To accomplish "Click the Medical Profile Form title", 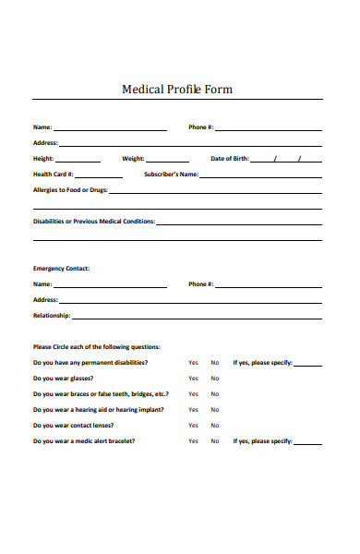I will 177,90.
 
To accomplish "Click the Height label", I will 43,159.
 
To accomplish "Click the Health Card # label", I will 54,174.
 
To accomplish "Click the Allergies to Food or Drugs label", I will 70,189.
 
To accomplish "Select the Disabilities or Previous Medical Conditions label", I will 94,222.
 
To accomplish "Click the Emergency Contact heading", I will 62,269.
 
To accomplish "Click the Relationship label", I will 52,316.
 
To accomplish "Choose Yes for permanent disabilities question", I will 193,363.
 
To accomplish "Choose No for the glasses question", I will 215,379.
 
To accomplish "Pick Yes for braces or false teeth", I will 193,394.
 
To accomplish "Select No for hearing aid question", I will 215,410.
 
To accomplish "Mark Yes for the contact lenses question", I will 193,426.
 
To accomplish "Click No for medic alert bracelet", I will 215,441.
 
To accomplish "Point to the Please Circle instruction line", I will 97,346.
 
